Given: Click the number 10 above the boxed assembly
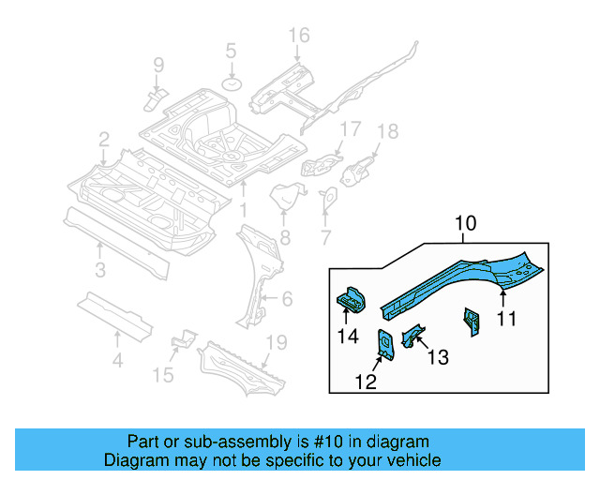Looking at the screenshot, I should coord(466,223).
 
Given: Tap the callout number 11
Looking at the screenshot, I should coord(506,319).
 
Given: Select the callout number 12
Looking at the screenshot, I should coord(366,381).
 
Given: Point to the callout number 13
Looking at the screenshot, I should coord(438,356).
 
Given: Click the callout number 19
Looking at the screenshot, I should coord(274,343).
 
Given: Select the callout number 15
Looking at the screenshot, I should coord(163,376).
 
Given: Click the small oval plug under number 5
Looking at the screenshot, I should coord(231,84).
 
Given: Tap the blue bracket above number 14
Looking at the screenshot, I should coord(350,298).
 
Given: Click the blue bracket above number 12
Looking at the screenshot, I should coord(385,343).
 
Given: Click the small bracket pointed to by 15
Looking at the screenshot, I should coord(186,338).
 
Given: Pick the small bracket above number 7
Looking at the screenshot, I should coord(328,199).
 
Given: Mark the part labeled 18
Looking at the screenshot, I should coord(358,172).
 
